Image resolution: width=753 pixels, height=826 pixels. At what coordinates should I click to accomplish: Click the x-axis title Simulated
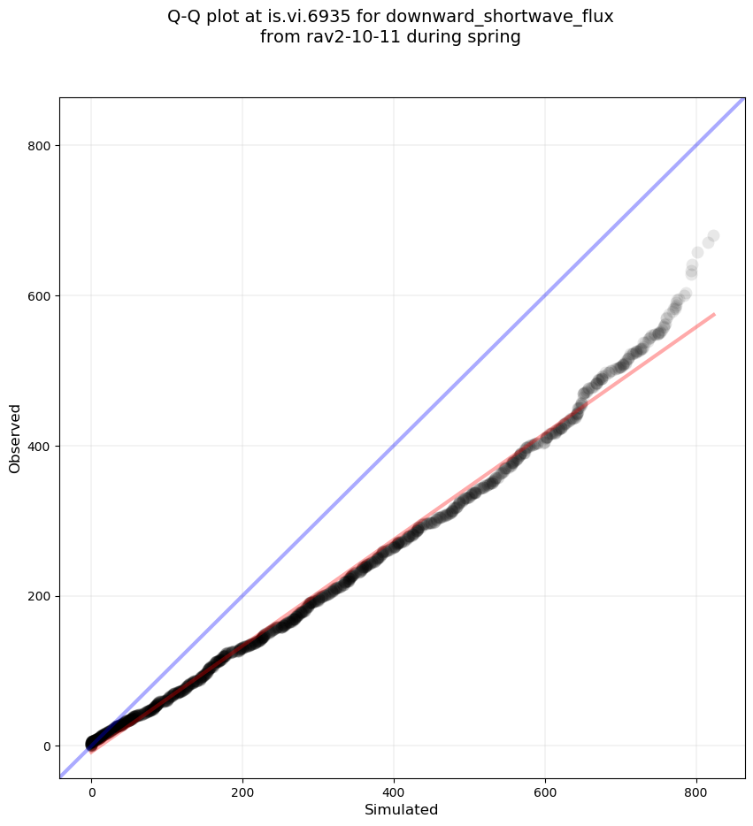click(x=401, y=809)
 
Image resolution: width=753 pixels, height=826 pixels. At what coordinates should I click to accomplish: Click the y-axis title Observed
click(x=15, y=438)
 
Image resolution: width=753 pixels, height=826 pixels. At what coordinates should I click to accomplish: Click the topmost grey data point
click(x=713, y=236)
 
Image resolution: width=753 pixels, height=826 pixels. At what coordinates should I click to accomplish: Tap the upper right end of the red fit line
click(x=713, y=314)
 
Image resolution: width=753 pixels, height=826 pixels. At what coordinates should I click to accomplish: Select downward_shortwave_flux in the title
click(x=499, y=16)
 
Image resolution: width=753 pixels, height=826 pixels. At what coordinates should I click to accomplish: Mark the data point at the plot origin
click(x=92, y=743)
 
